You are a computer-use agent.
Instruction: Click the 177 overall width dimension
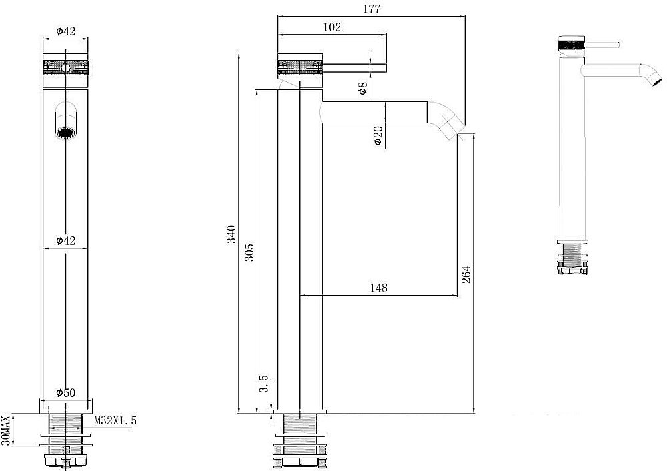click(x=372, y=9)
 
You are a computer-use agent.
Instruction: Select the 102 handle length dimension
click(x=331, y=27)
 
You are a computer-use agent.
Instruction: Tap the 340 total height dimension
click(x=231, y=234)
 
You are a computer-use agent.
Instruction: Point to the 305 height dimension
click(x=250, y=252)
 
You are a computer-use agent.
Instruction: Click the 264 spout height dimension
click(x=467, y=274)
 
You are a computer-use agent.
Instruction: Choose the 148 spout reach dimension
click(x=379, y=288)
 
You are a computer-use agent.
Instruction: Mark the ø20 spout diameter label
click(x=378, y=135)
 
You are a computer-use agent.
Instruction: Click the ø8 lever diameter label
click(x=362, y=89)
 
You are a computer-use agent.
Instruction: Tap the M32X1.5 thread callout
click(x=115, y=421)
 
